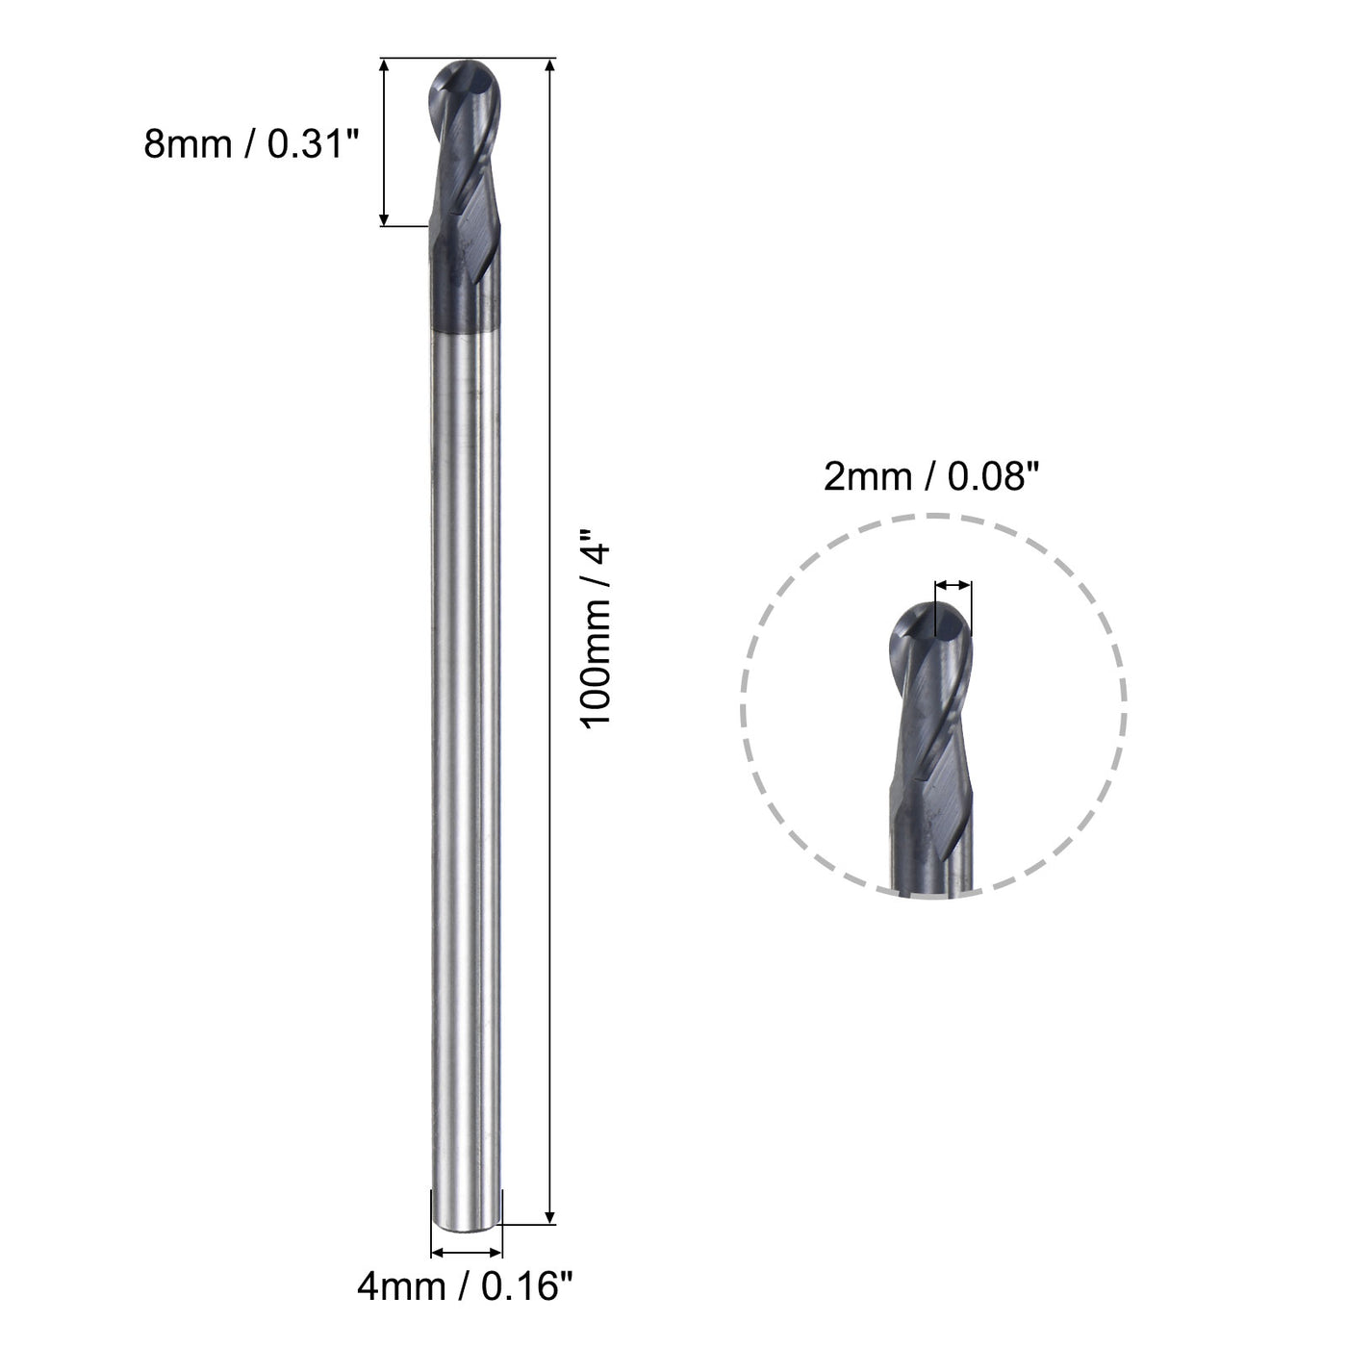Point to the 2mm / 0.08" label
(932, 478)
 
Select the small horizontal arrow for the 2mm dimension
(953, 584)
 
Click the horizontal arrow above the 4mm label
(467, 1252)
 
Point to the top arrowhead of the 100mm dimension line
(550, 66)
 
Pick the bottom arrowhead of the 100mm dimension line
(550, 1217)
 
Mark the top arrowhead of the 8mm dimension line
(385, 66)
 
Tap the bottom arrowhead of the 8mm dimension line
(385, 218)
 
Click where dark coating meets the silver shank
(466, 333)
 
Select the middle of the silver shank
(466, 770)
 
